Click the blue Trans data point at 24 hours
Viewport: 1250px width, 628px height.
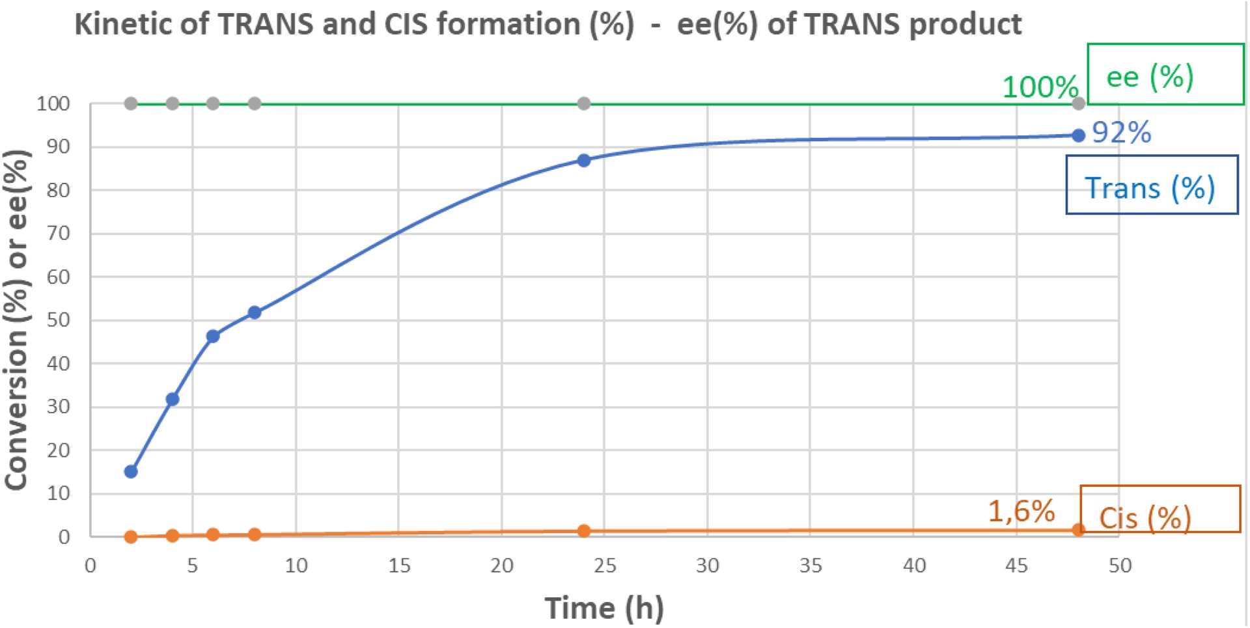(584, 160)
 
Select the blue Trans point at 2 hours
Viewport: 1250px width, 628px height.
(131, 471)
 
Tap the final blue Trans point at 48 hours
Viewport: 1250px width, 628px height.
(1078, 135)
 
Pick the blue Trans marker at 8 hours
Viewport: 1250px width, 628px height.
(255, 312)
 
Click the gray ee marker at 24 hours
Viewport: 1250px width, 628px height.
(584, 103)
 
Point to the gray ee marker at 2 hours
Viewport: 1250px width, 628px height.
(131, 103)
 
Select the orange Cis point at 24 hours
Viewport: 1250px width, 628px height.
(584, 531)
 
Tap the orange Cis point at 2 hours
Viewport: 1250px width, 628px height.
(131, 537)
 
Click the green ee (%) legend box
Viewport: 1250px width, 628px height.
(1165, 74)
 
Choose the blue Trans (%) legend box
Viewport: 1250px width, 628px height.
(1151, 185)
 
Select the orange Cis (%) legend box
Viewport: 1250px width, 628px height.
(1160, 509)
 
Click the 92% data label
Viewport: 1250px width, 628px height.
(1121, 133)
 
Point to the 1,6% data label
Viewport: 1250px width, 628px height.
(1021, 512)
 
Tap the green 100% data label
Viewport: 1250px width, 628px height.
(1040, 87)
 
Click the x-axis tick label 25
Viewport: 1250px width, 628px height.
(605, 566)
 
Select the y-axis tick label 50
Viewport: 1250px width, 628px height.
(59, 320)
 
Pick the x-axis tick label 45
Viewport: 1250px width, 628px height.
(1016, 566)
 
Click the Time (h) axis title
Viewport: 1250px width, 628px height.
(604, 608)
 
